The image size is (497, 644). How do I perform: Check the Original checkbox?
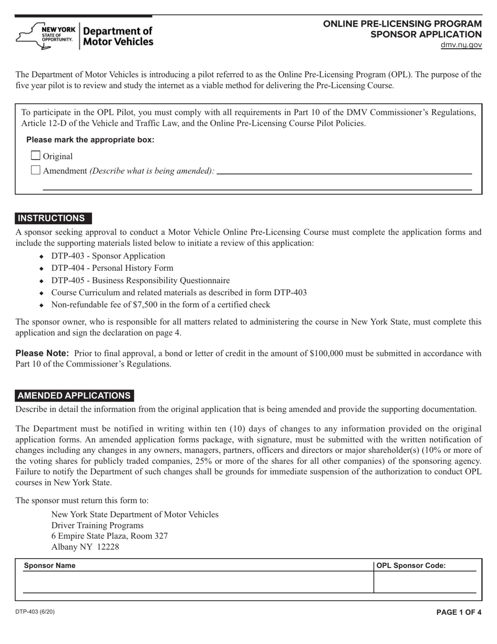[x=36, y=156]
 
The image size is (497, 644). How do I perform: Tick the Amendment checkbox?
[x=36, y=170]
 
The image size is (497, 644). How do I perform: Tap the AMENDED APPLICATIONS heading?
[x=74, y=396]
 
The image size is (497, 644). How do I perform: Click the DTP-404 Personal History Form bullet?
[x=112, y=268]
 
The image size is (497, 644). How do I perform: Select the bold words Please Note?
[x=42, y=353]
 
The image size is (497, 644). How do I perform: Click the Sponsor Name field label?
[x=50, y=565]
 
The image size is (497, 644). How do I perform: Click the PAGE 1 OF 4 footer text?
[x=459, y=612]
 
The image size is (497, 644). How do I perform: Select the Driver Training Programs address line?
[x=97, y=525]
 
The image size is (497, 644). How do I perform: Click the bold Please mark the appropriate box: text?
[x=90, y=140]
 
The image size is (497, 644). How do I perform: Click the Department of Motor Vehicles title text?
[x=119, y=36]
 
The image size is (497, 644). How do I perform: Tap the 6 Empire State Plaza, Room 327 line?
[x=109, y=536]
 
